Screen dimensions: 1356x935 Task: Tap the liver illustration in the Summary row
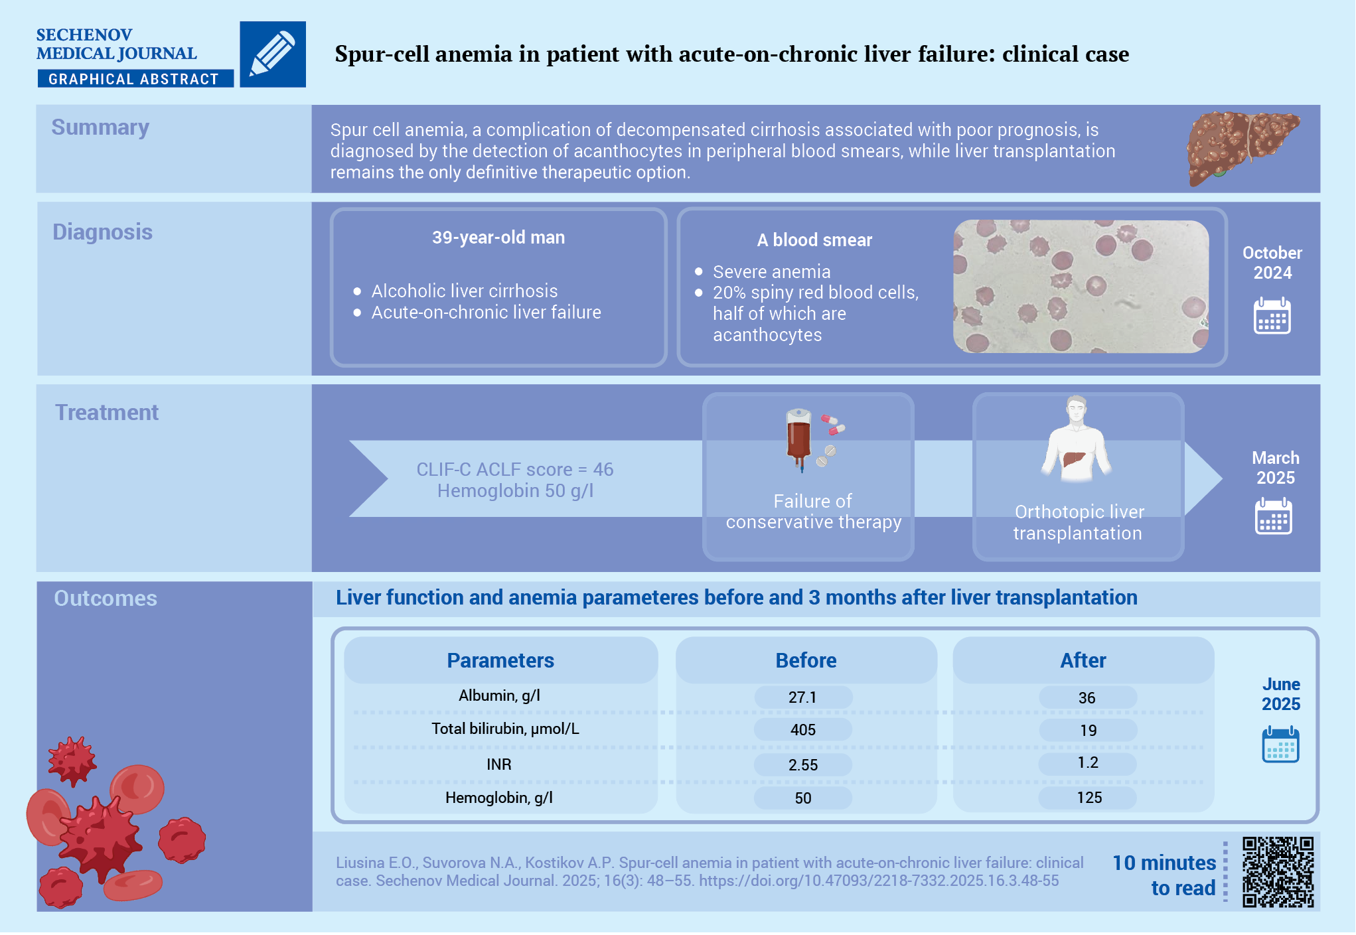1242,147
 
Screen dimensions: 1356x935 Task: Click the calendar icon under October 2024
1272,316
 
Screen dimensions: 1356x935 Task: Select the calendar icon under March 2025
1274,516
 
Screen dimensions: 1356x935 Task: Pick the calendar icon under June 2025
1280,745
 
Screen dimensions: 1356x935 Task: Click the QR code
1278,872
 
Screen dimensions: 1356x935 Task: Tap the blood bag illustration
799,439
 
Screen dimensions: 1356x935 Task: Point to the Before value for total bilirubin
803,730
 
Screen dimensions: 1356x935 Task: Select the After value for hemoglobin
1089,798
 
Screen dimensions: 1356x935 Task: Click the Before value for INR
803,765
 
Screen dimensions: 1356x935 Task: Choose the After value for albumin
1087,698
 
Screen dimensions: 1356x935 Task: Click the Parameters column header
500,660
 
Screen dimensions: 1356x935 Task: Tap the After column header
1083,660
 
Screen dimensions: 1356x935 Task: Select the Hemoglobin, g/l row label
499,798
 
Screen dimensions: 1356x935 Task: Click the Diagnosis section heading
102,232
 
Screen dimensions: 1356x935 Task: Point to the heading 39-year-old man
498,238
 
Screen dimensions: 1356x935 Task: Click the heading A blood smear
814,240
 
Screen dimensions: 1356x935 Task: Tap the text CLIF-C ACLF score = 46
515,469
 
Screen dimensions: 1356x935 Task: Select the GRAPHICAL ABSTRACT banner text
133,79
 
